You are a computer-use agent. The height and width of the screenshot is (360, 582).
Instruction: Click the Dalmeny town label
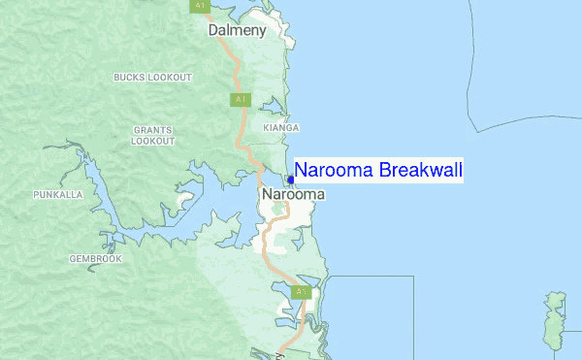(x=237, y=31)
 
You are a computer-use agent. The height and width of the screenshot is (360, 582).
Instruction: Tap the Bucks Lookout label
(x=152, y=77)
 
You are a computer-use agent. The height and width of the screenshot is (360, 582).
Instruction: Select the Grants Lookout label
(x=153, y=135)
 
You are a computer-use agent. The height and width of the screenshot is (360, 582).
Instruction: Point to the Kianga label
(x=281, y=128)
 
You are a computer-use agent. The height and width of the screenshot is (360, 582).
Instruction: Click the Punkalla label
(x=57, y=195)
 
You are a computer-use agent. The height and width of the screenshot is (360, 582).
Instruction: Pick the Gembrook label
(x=95, y=259)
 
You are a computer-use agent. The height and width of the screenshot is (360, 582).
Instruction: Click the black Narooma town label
(x=293, y=194)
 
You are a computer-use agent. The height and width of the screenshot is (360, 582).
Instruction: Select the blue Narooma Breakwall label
(x=378, y=171)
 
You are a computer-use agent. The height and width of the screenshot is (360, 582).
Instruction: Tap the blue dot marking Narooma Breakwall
(x=291, y=180)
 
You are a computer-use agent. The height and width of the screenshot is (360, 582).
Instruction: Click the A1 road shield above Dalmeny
(x=200, y=6)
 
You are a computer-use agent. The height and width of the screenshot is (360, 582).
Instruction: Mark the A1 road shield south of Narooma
(x=302, y=291)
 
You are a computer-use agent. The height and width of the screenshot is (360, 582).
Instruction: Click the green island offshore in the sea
(x=557, y=320)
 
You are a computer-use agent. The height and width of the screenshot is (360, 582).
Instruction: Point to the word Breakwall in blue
(x=421, y=171)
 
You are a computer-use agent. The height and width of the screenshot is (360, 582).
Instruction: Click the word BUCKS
(x=129, y=77)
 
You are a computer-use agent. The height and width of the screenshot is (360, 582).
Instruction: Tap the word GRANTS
(x=153, y=129)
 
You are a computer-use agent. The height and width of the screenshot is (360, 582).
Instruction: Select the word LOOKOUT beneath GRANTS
(x=153, y=141)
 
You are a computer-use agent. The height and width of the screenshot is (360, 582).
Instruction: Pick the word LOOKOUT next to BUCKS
(x=170, y=77)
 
